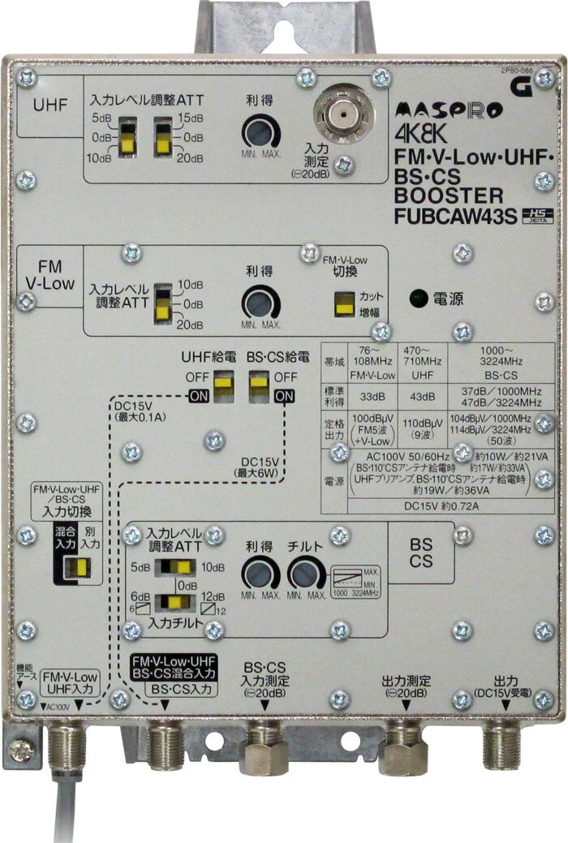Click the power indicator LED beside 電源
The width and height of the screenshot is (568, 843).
[417, 299]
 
